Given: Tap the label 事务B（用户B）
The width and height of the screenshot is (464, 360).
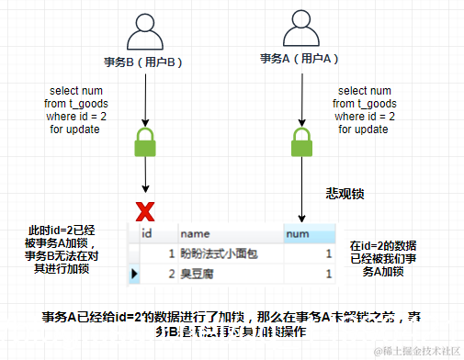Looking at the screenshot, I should point(144,61).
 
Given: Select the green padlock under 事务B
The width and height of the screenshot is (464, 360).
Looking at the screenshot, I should point(145,142).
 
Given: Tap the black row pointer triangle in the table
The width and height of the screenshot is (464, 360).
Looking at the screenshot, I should point(134,274).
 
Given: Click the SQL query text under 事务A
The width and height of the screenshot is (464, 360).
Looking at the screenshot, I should point(366,110).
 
